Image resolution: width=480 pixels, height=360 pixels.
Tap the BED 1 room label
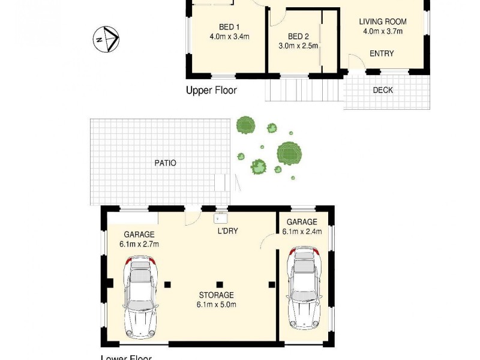pos(229,26)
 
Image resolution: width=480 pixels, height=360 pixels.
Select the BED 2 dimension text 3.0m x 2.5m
pos(298,46)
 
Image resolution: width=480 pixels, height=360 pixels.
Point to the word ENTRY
pos(382,53)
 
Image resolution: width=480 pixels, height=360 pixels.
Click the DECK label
pos(383,91)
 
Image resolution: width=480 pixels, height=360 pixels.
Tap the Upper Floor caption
pos(211,91)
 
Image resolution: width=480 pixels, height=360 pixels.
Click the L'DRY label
pos(227,231)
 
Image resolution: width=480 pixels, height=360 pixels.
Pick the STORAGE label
pos(217,295)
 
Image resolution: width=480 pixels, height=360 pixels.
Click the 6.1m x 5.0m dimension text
pos(217,305)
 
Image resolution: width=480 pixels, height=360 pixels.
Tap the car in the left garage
pos(140,296)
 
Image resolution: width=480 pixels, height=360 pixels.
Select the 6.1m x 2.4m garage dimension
pos(302,231)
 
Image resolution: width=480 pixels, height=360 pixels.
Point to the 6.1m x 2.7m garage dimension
pos(139,244)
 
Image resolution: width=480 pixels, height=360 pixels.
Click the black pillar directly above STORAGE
pos(220,284)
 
